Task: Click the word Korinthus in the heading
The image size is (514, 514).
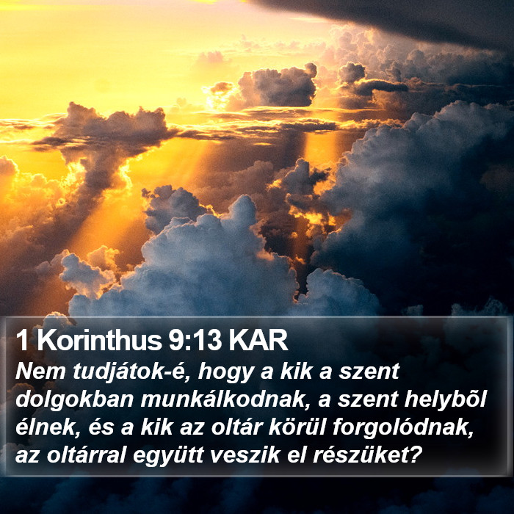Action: tap(99, 341)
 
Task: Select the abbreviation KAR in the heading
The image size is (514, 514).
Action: tap(258, 341)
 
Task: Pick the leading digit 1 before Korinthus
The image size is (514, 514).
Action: tap(22, 341)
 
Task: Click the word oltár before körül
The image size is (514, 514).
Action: tap(236, 427)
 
